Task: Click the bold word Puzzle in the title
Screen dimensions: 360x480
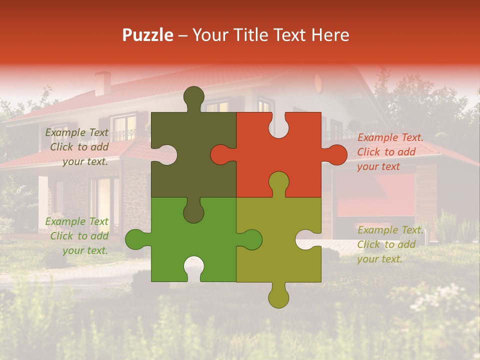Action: pos(147,35)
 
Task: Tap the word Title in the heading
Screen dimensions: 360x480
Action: pos(243,35)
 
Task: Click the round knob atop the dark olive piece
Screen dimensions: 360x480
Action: pos(193,96)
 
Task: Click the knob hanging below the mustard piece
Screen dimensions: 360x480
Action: pos(278,297)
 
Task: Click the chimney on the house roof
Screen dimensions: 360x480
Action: pos(103,83)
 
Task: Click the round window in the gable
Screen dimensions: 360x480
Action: pos(318,82)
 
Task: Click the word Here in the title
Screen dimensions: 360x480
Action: pos(330,35)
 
